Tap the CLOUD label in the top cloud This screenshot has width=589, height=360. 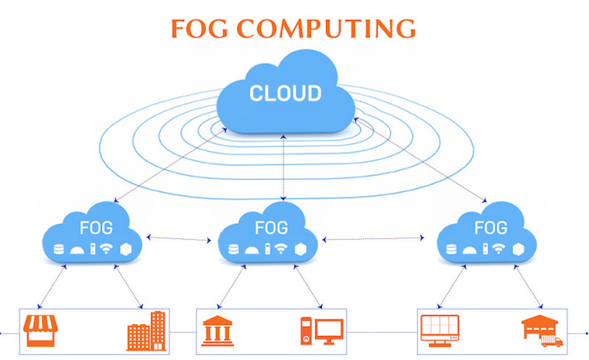(285, 91)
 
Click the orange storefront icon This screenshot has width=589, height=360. (41, 330)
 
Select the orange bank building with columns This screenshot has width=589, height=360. (217, 332)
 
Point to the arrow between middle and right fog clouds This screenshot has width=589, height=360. (378, 239)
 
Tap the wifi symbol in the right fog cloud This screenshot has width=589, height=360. (501, 248)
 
